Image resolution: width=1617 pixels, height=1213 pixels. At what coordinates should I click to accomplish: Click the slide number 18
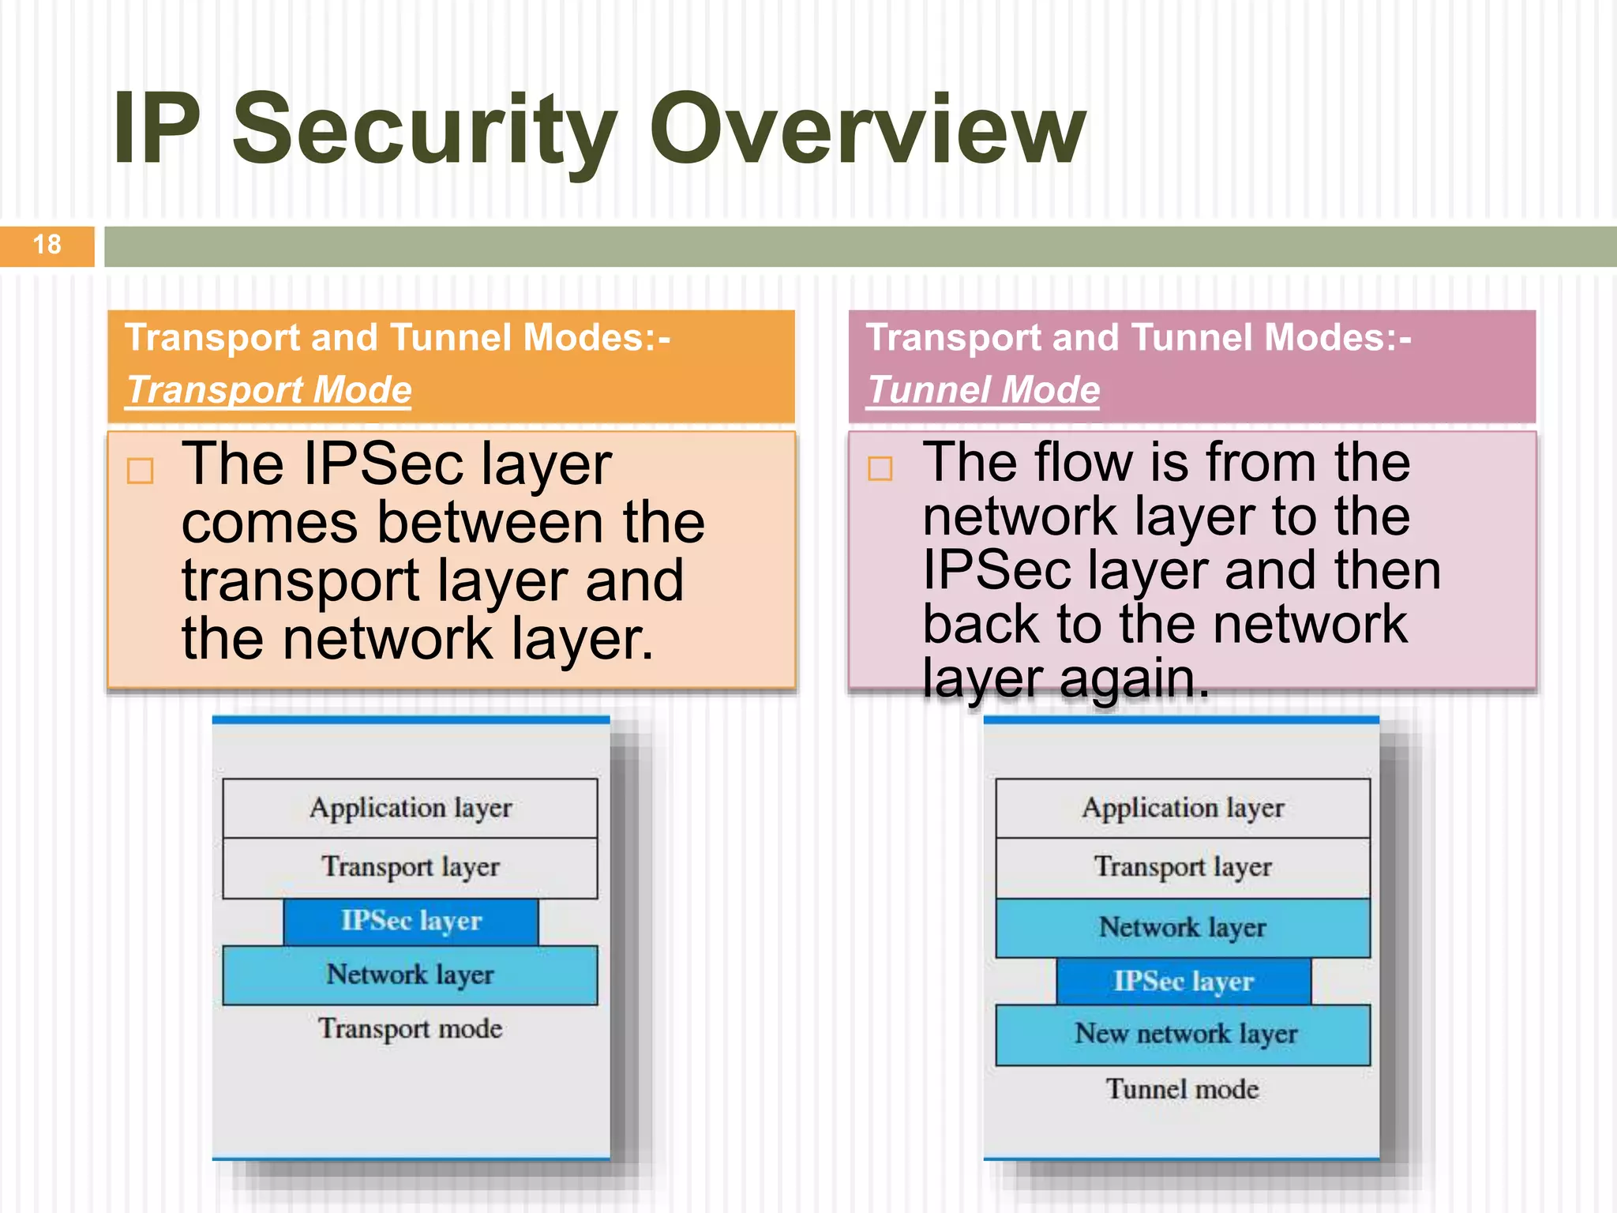click(47, 245)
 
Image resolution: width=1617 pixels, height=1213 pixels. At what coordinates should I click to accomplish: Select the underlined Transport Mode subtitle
click(269, 390)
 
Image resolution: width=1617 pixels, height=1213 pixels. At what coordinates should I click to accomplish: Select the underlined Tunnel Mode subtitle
click(983, 390)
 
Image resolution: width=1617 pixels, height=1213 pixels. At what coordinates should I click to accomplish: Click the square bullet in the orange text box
click(141, 471)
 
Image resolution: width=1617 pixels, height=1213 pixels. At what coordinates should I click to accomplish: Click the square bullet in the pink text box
click(880, 468)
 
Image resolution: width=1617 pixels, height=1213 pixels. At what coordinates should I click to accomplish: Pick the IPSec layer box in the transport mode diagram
click(411, 922)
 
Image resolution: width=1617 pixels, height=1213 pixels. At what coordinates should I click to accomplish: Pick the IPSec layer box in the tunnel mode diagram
click(1183, 982)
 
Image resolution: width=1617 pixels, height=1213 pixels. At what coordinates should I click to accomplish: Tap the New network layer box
click(1183, 1035)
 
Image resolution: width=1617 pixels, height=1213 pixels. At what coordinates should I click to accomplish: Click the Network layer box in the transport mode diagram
click(410, 975)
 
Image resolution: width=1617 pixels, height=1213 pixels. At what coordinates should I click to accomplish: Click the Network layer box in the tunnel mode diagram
click(1183, 928)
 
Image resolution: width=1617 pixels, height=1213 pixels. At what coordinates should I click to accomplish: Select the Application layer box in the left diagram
click(410, 809)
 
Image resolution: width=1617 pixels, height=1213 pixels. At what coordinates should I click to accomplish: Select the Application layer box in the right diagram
click(1183, 809)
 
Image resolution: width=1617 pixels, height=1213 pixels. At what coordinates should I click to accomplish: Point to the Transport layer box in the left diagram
click(410, 868)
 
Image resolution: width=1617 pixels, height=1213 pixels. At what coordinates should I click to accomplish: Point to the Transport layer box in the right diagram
click(1183, 868)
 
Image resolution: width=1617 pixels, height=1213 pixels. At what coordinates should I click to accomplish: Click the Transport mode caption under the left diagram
click(410, 1029)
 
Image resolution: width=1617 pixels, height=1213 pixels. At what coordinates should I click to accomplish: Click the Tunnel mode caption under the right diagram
click(1183, 1090)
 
